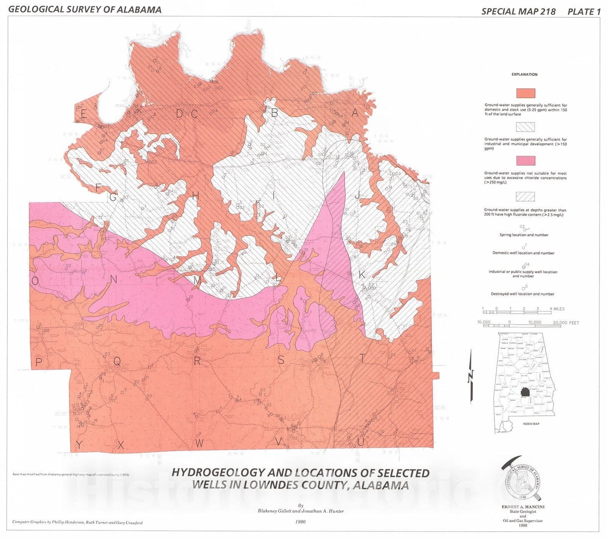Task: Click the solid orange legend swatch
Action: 525,93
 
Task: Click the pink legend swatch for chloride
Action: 525,161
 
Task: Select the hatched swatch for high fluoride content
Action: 525,197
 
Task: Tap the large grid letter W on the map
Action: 200,443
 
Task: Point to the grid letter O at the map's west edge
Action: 35,281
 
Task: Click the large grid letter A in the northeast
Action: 355,112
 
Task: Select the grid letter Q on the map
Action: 117,362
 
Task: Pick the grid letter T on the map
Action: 363,358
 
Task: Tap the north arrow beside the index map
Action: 471,376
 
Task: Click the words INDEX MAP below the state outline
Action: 531,424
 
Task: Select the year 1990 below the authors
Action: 300,522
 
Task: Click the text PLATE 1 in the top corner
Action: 584,12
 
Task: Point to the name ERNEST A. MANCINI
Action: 523,507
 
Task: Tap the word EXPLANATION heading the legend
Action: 524,74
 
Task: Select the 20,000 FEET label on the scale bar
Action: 566,323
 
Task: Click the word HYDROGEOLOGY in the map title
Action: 218,473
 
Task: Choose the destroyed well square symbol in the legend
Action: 524,288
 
